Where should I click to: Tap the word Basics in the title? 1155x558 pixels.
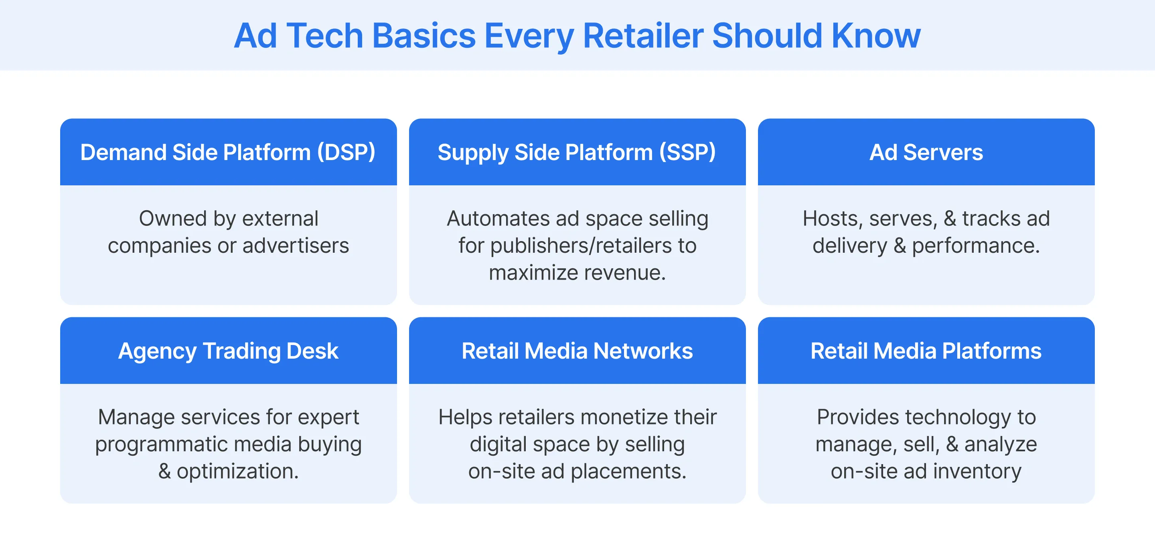pyautogui.click(x=424, y=36)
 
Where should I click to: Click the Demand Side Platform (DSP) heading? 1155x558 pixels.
pyautogui.click(x=228, y=152)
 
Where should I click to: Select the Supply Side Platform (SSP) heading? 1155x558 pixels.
pyautogui.click(x=577, y=152)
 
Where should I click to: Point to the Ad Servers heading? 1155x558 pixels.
pyautogui.click(x=926, y=152)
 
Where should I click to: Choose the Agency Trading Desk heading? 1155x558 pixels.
pyautogui.click(x=228, y=351)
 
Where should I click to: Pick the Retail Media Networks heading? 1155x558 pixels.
pyautogui.click(x=577, y=351)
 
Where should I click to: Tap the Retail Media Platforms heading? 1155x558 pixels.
pyautogui.click(x=926, y=351)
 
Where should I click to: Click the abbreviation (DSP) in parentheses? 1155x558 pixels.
pyautogui.click(x=346, y=152)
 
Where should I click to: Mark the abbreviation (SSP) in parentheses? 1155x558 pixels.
pyautogui.click(x=687, y=152)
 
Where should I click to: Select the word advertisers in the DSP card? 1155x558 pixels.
pyautogui.click(x=296, y=246)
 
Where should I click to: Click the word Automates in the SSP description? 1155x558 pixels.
pyautogui.click(x=498, y=219)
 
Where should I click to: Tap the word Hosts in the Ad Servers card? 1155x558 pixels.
pyautogui.click(x=829, y=219)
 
